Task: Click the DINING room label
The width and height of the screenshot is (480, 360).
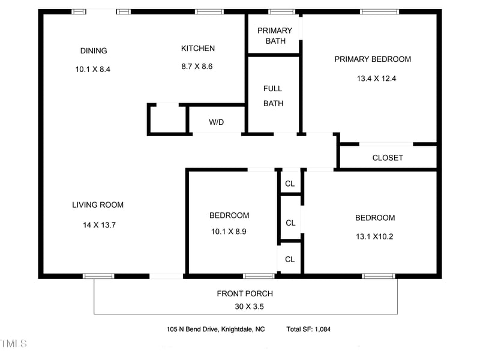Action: (94, 51)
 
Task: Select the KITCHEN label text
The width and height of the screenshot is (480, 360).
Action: (197, 49)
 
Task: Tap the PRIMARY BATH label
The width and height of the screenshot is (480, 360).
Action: (275, 36)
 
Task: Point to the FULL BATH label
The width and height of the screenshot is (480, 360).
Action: (273, 96)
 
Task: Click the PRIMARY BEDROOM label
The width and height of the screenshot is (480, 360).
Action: (373, 59)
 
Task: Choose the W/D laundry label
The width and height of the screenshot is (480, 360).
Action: (217, 122)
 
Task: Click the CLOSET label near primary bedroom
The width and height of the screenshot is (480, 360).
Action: (388, 158)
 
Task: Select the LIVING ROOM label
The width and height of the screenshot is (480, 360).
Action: (98, 205)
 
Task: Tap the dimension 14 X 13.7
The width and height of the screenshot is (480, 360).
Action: (99, 226)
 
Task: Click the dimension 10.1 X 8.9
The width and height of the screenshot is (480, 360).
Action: (229, 232)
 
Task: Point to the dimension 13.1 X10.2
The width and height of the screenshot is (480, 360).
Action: (375, 236)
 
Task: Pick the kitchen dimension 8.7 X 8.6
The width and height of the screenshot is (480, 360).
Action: (197, 67)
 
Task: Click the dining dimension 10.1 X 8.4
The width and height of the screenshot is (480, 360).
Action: (93, 70)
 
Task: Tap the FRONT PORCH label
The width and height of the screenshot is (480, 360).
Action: (245, 294)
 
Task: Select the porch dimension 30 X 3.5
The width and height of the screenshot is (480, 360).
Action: (245, 307)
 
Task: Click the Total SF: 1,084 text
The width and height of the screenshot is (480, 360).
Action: (308, 329)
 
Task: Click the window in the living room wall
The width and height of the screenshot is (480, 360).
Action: (98, 276)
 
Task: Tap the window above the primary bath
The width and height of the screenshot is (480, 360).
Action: (281, 11)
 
